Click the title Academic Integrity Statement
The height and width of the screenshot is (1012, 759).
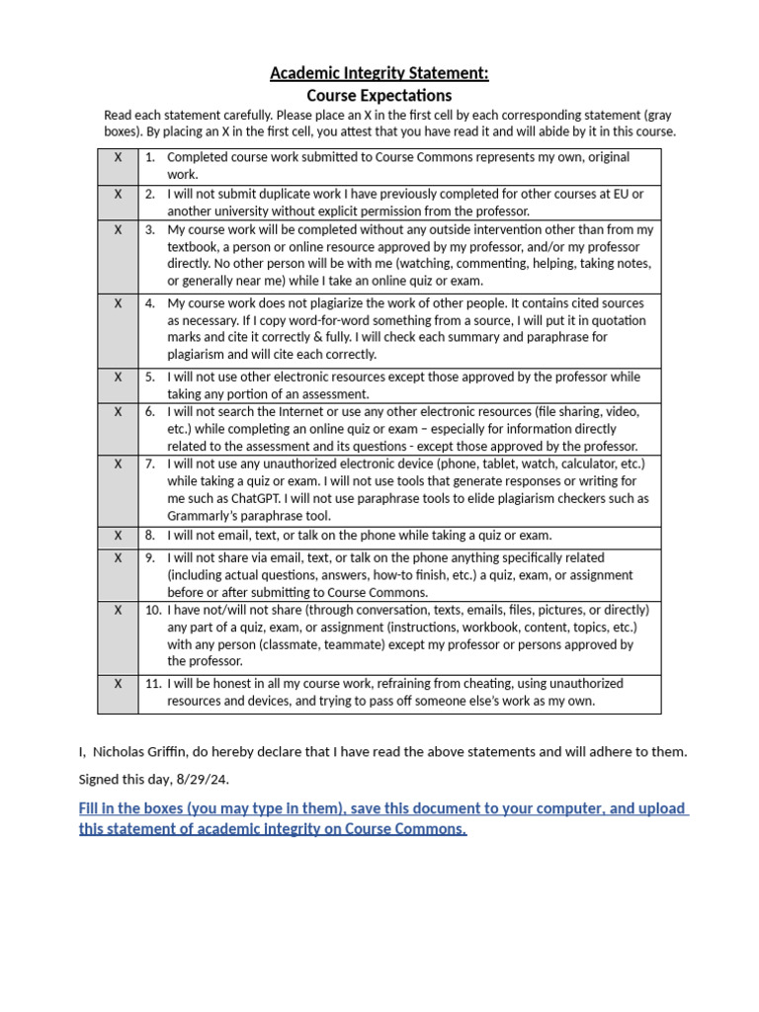click(379, 73)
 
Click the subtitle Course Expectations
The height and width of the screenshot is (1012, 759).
click(379, 96)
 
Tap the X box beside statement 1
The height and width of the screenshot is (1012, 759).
click(118, 157)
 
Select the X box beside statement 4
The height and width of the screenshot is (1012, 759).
click(118, 303)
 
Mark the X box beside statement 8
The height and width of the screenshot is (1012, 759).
click(118, 536)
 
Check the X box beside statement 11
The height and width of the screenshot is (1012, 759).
click(118, 683)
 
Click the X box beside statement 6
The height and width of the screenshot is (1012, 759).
click(118, 411)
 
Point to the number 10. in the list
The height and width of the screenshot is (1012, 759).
click(153, 610)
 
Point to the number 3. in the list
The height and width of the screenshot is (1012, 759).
click(150, 229)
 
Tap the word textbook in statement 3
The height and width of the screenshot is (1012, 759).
click(195, 247)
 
